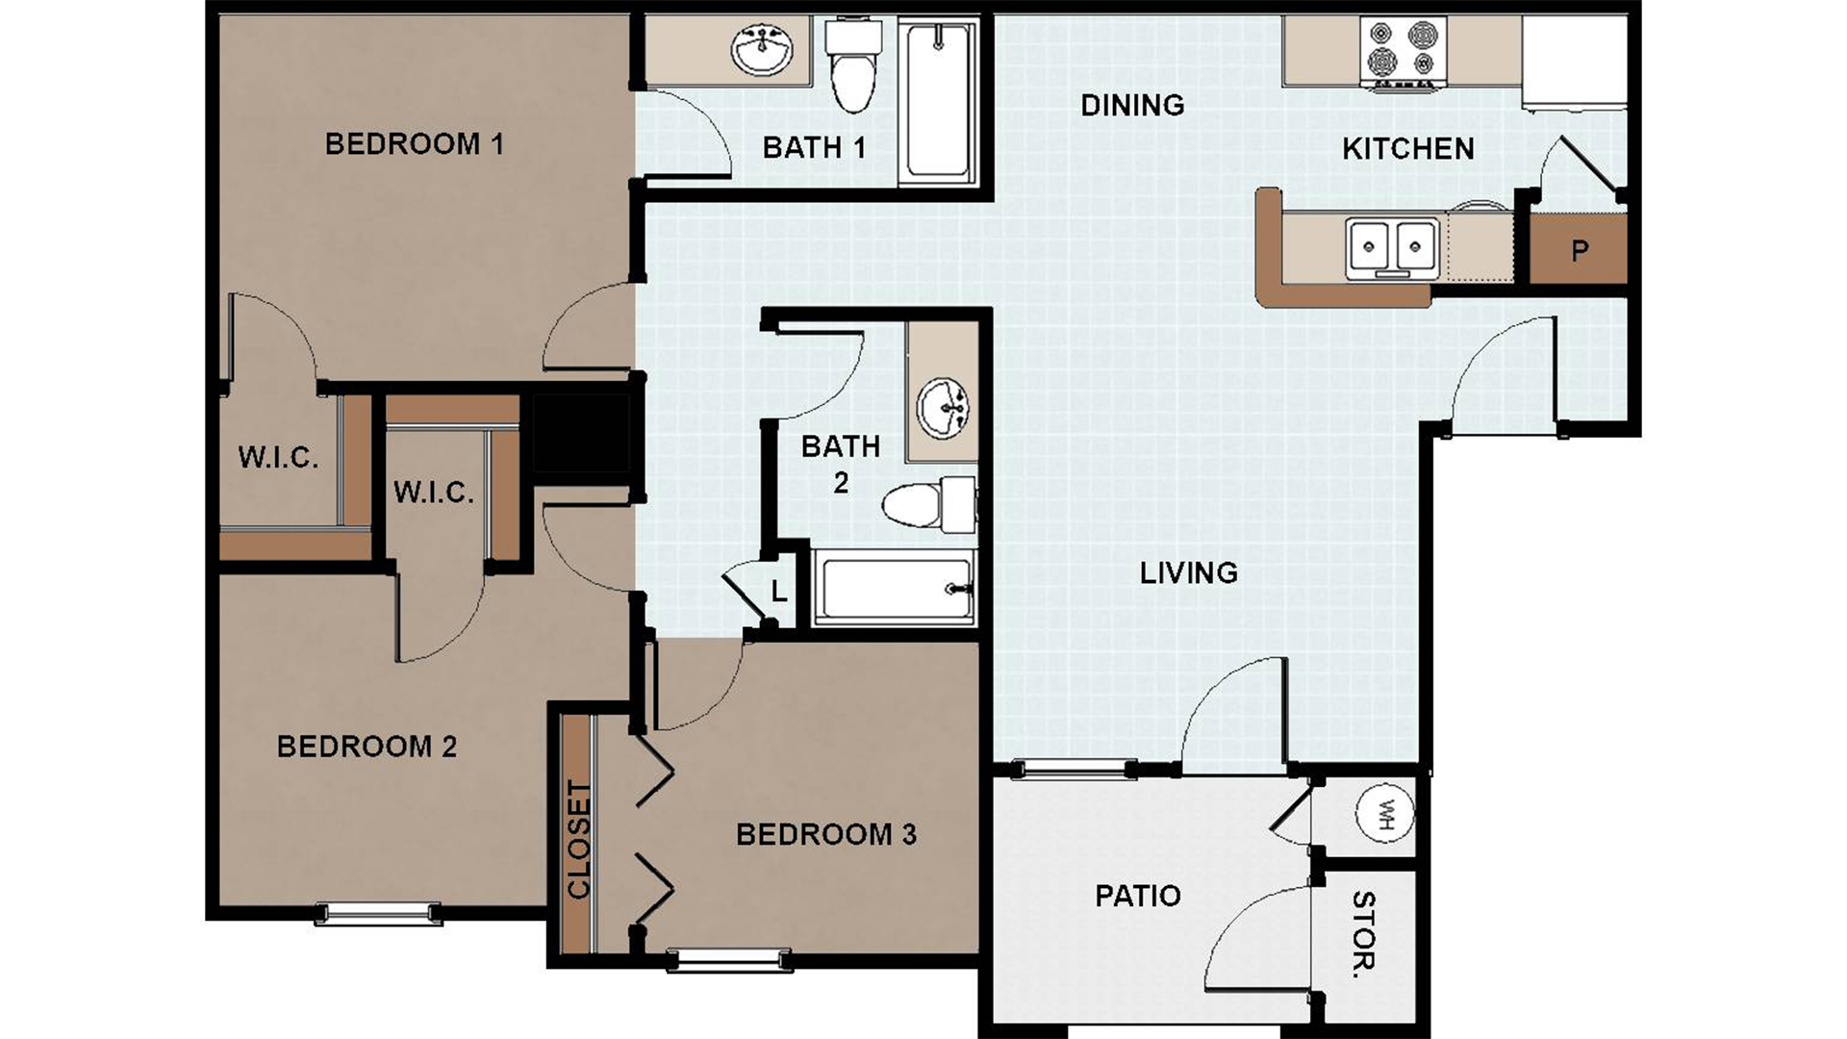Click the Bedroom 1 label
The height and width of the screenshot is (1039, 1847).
[414, 144]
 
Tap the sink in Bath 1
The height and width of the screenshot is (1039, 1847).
[763, 49]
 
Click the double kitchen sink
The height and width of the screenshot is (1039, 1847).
[1392, 246]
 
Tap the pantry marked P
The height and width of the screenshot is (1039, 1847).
[1579, 250]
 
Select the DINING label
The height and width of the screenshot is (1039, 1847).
[1132, 105]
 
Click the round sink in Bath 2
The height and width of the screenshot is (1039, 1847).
[943, 408]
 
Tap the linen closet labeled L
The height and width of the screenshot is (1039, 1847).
[779, 592]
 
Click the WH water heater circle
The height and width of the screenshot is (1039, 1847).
[1385, 814]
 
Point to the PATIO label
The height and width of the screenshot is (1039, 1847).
[1138, 896]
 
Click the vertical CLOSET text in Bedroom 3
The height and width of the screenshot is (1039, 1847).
[578, 840]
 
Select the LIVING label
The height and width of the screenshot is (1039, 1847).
[1188, 572]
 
